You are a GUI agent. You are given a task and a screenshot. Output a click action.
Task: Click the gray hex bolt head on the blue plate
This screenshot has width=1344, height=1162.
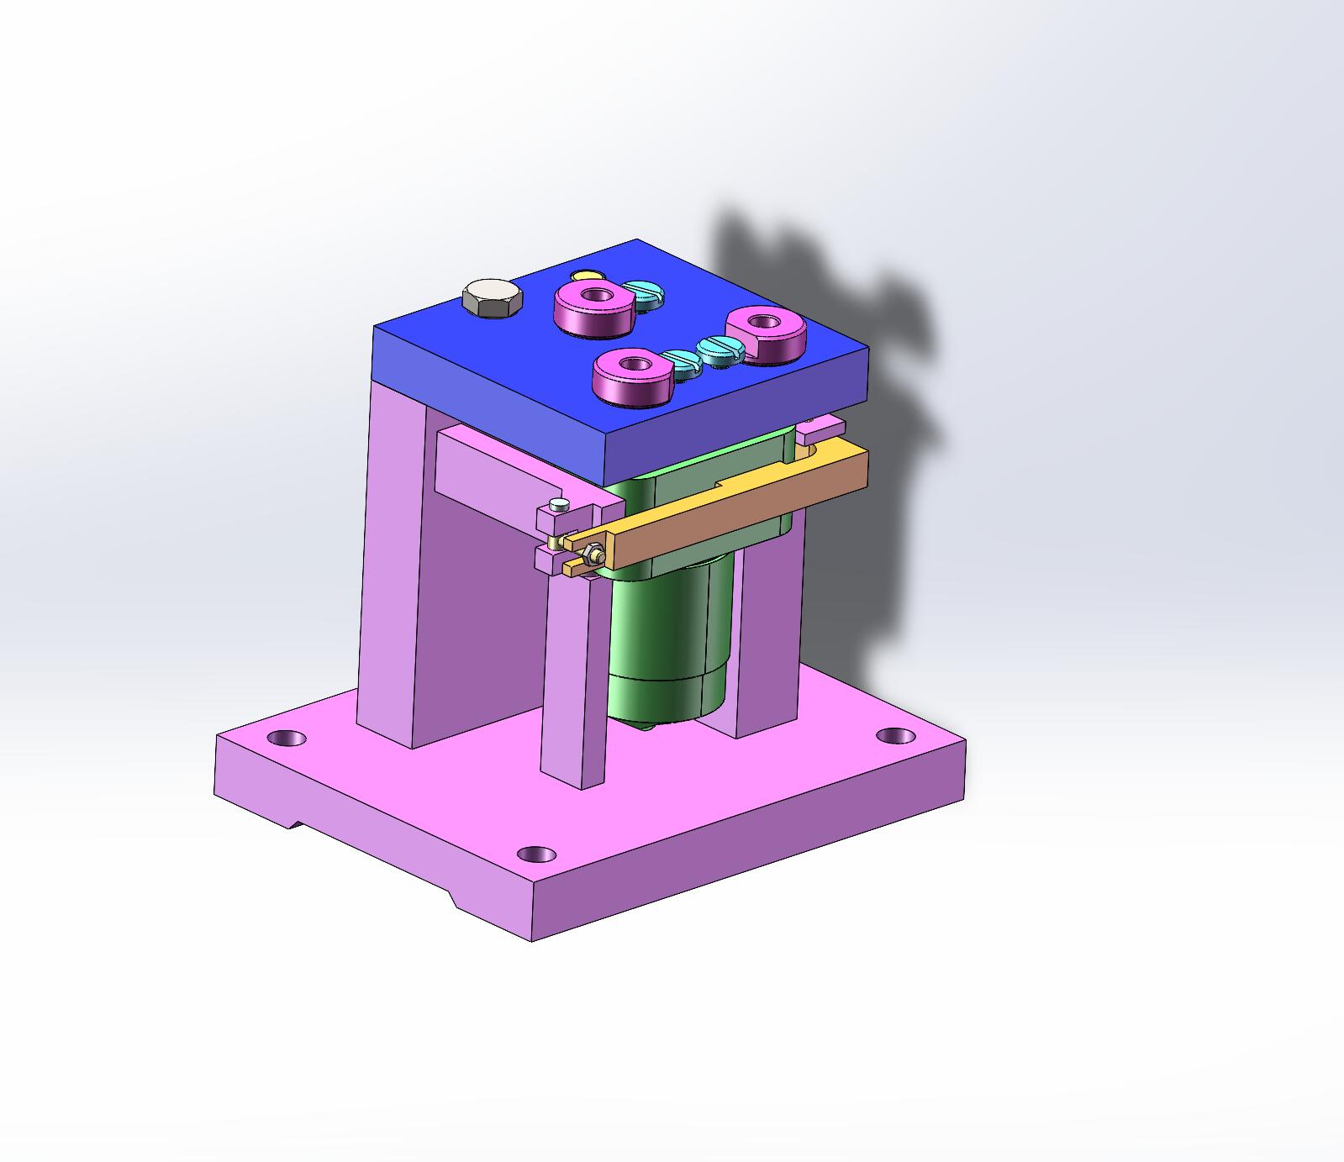coord(493,298)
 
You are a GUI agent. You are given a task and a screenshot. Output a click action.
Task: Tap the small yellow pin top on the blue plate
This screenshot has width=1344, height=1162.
coord(585,275)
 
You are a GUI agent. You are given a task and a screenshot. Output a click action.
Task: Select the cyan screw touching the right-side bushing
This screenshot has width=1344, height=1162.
coord(719,348)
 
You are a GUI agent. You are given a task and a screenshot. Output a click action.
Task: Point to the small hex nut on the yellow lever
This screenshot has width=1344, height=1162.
coord(592,555)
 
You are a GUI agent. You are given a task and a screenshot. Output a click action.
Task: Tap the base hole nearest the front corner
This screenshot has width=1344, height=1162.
coord(535,855)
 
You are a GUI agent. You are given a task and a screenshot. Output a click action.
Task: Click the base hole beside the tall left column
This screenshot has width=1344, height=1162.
coord(287,739)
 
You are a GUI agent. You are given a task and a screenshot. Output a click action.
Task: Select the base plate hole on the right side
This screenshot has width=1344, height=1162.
coord(895,735)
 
